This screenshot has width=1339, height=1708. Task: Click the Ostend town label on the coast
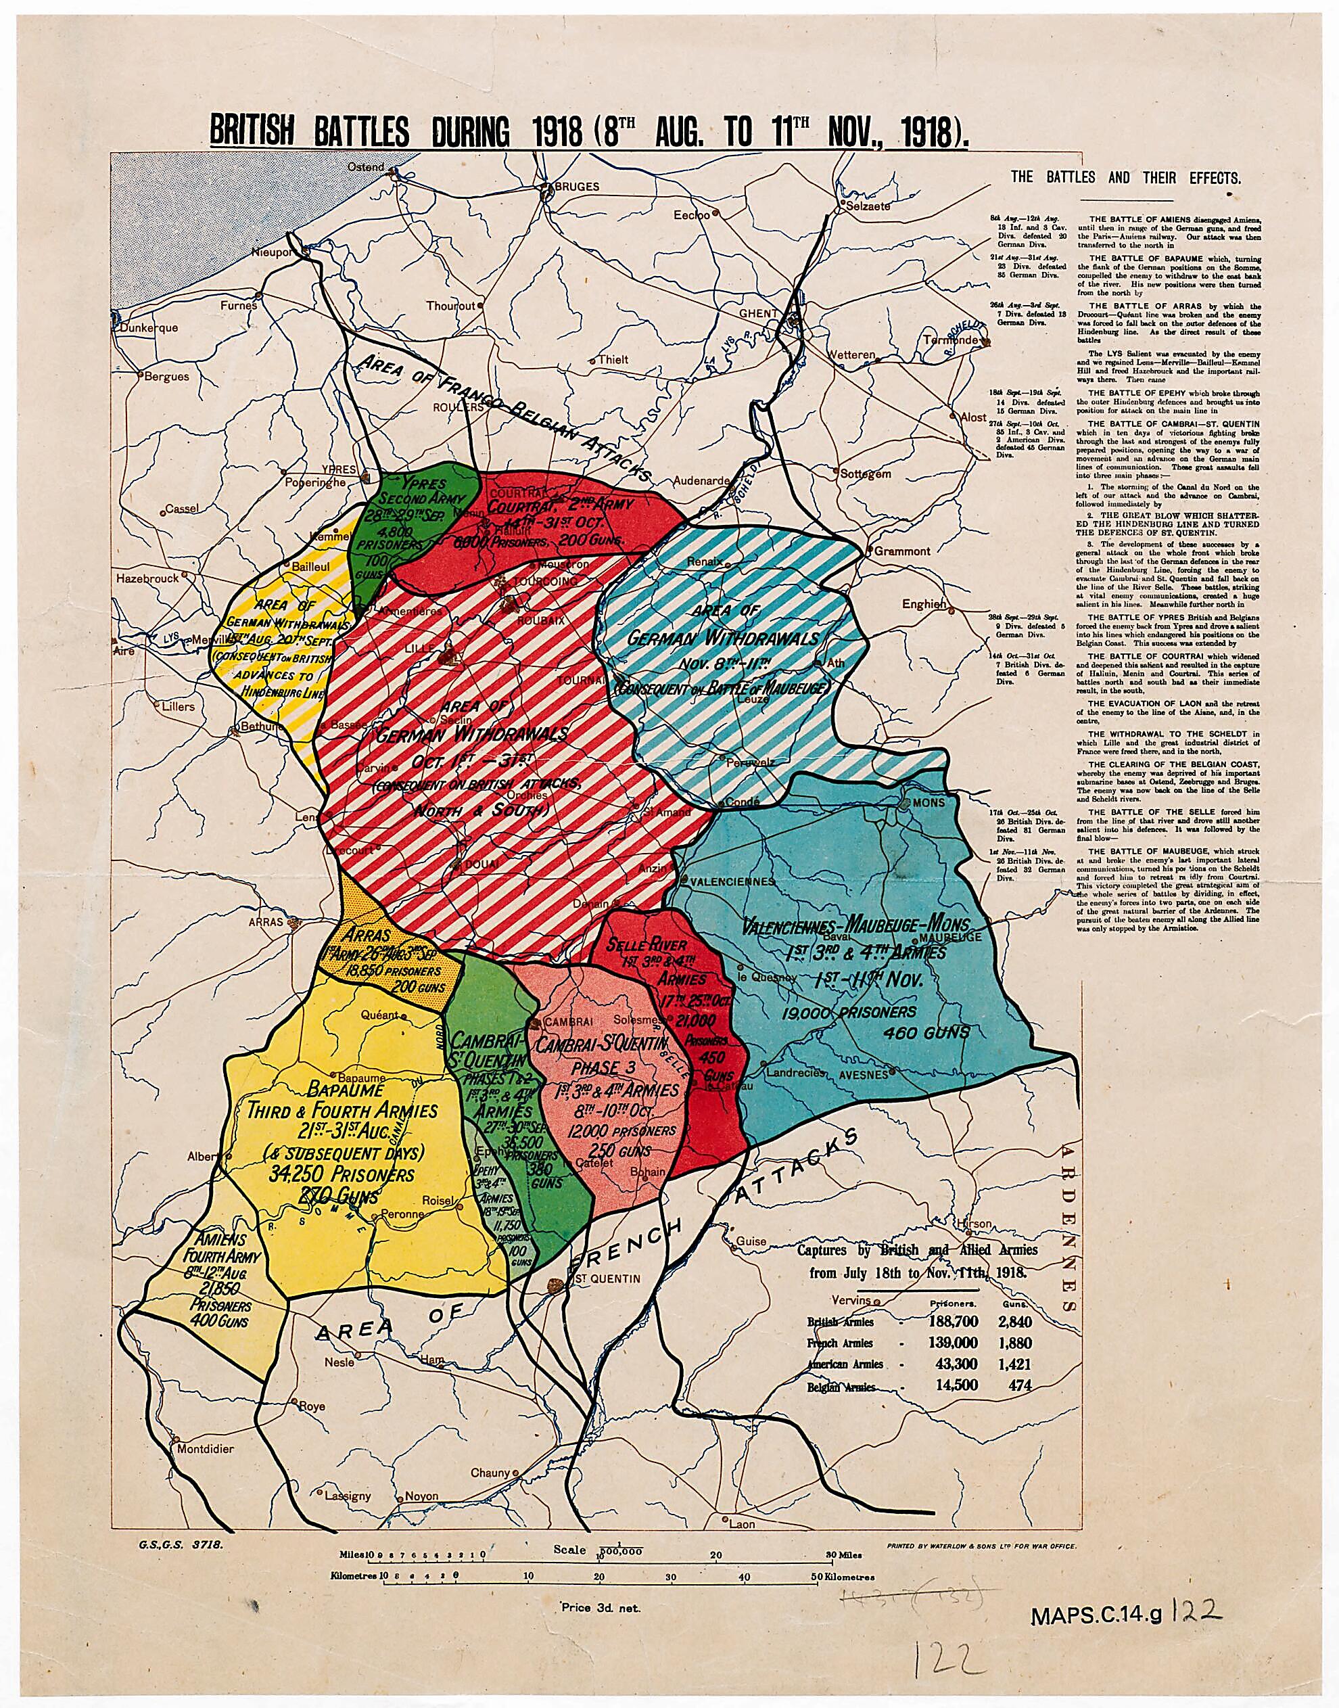click(365, 167)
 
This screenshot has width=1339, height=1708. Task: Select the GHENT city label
click(759, 313)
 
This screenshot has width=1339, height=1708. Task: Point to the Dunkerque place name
click(148, 329)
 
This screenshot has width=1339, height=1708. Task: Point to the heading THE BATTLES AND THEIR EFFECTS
click(1125, 177)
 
